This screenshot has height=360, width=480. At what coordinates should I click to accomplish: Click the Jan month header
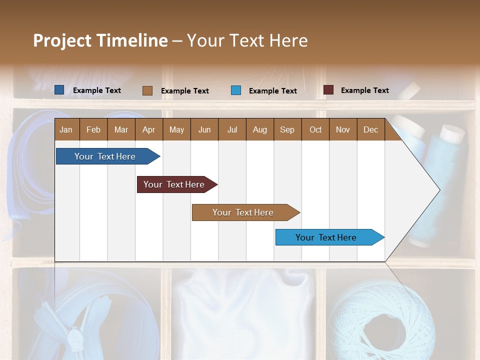pos(66,129)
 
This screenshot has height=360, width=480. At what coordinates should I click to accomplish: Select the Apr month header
pos(148,129)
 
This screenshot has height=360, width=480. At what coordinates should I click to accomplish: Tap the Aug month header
pos(259,129)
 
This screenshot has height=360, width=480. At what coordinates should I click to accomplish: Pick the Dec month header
pos(370,129)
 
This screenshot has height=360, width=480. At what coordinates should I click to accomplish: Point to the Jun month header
pos(204,129)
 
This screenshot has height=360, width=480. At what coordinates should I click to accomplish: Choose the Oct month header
pos(315,129)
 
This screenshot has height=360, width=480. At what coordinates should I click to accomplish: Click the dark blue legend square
pos(59,90)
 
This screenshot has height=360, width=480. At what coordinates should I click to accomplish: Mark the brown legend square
pos(147,90)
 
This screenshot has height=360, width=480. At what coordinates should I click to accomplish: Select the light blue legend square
pos(236,90)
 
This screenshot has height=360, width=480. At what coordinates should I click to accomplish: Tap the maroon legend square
pos(328,90)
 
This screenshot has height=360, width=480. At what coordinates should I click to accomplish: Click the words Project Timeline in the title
pos(100,40)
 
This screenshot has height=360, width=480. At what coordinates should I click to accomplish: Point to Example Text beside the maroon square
pos(364,90)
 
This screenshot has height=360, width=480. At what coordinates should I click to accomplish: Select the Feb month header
pos(93,129)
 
